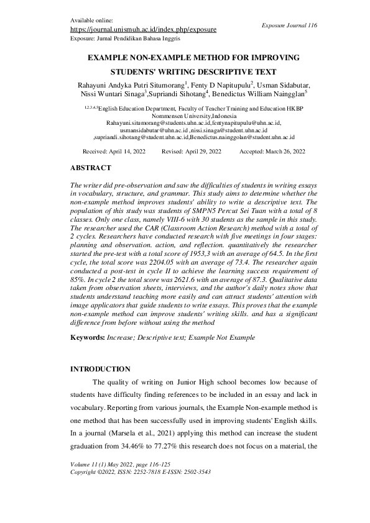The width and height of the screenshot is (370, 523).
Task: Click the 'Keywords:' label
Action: tap(87, 337)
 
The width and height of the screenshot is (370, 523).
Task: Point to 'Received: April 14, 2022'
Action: tap(118, 152)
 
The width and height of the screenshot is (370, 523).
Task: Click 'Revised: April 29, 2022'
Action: tap(191, 152)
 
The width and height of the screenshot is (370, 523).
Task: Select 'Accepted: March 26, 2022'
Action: tap(272, 152)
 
